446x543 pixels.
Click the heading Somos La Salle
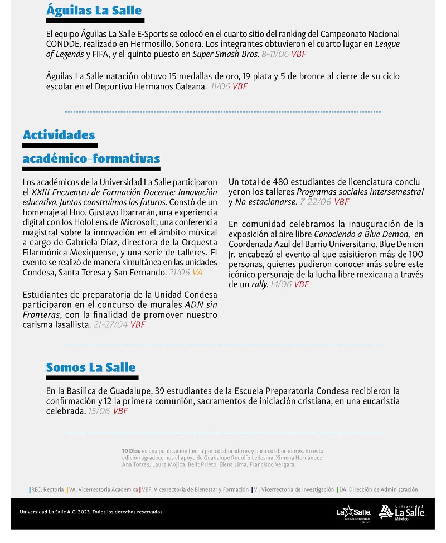click(91, 367)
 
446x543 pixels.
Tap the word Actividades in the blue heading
click(59, 135)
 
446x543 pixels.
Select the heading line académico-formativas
click(91, 159)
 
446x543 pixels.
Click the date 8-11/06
click(275, 54)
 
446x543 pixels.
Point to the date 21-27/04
click(110, 324)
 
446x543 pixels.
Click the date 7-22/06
click(315, 202)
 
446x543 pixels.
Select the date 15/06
click(99, 411)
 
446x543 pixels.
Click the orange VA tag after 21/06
click(197, 273)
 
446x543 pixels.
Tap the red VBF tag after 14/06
click(302, 284)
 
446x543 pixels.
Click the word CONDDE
click(63, 44)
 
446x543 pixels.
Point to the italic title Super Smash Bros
click(225, 54)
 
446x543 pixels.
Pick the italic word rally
click(259, 284)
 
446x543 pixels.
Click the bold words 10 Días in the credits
click(131, 450)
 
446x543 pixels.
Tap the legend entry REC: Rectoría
click(47, 489)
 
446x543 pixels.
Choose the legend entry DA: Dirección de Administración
click(378, 489)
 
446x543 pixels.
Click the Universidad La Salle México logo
click(403, 512)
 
